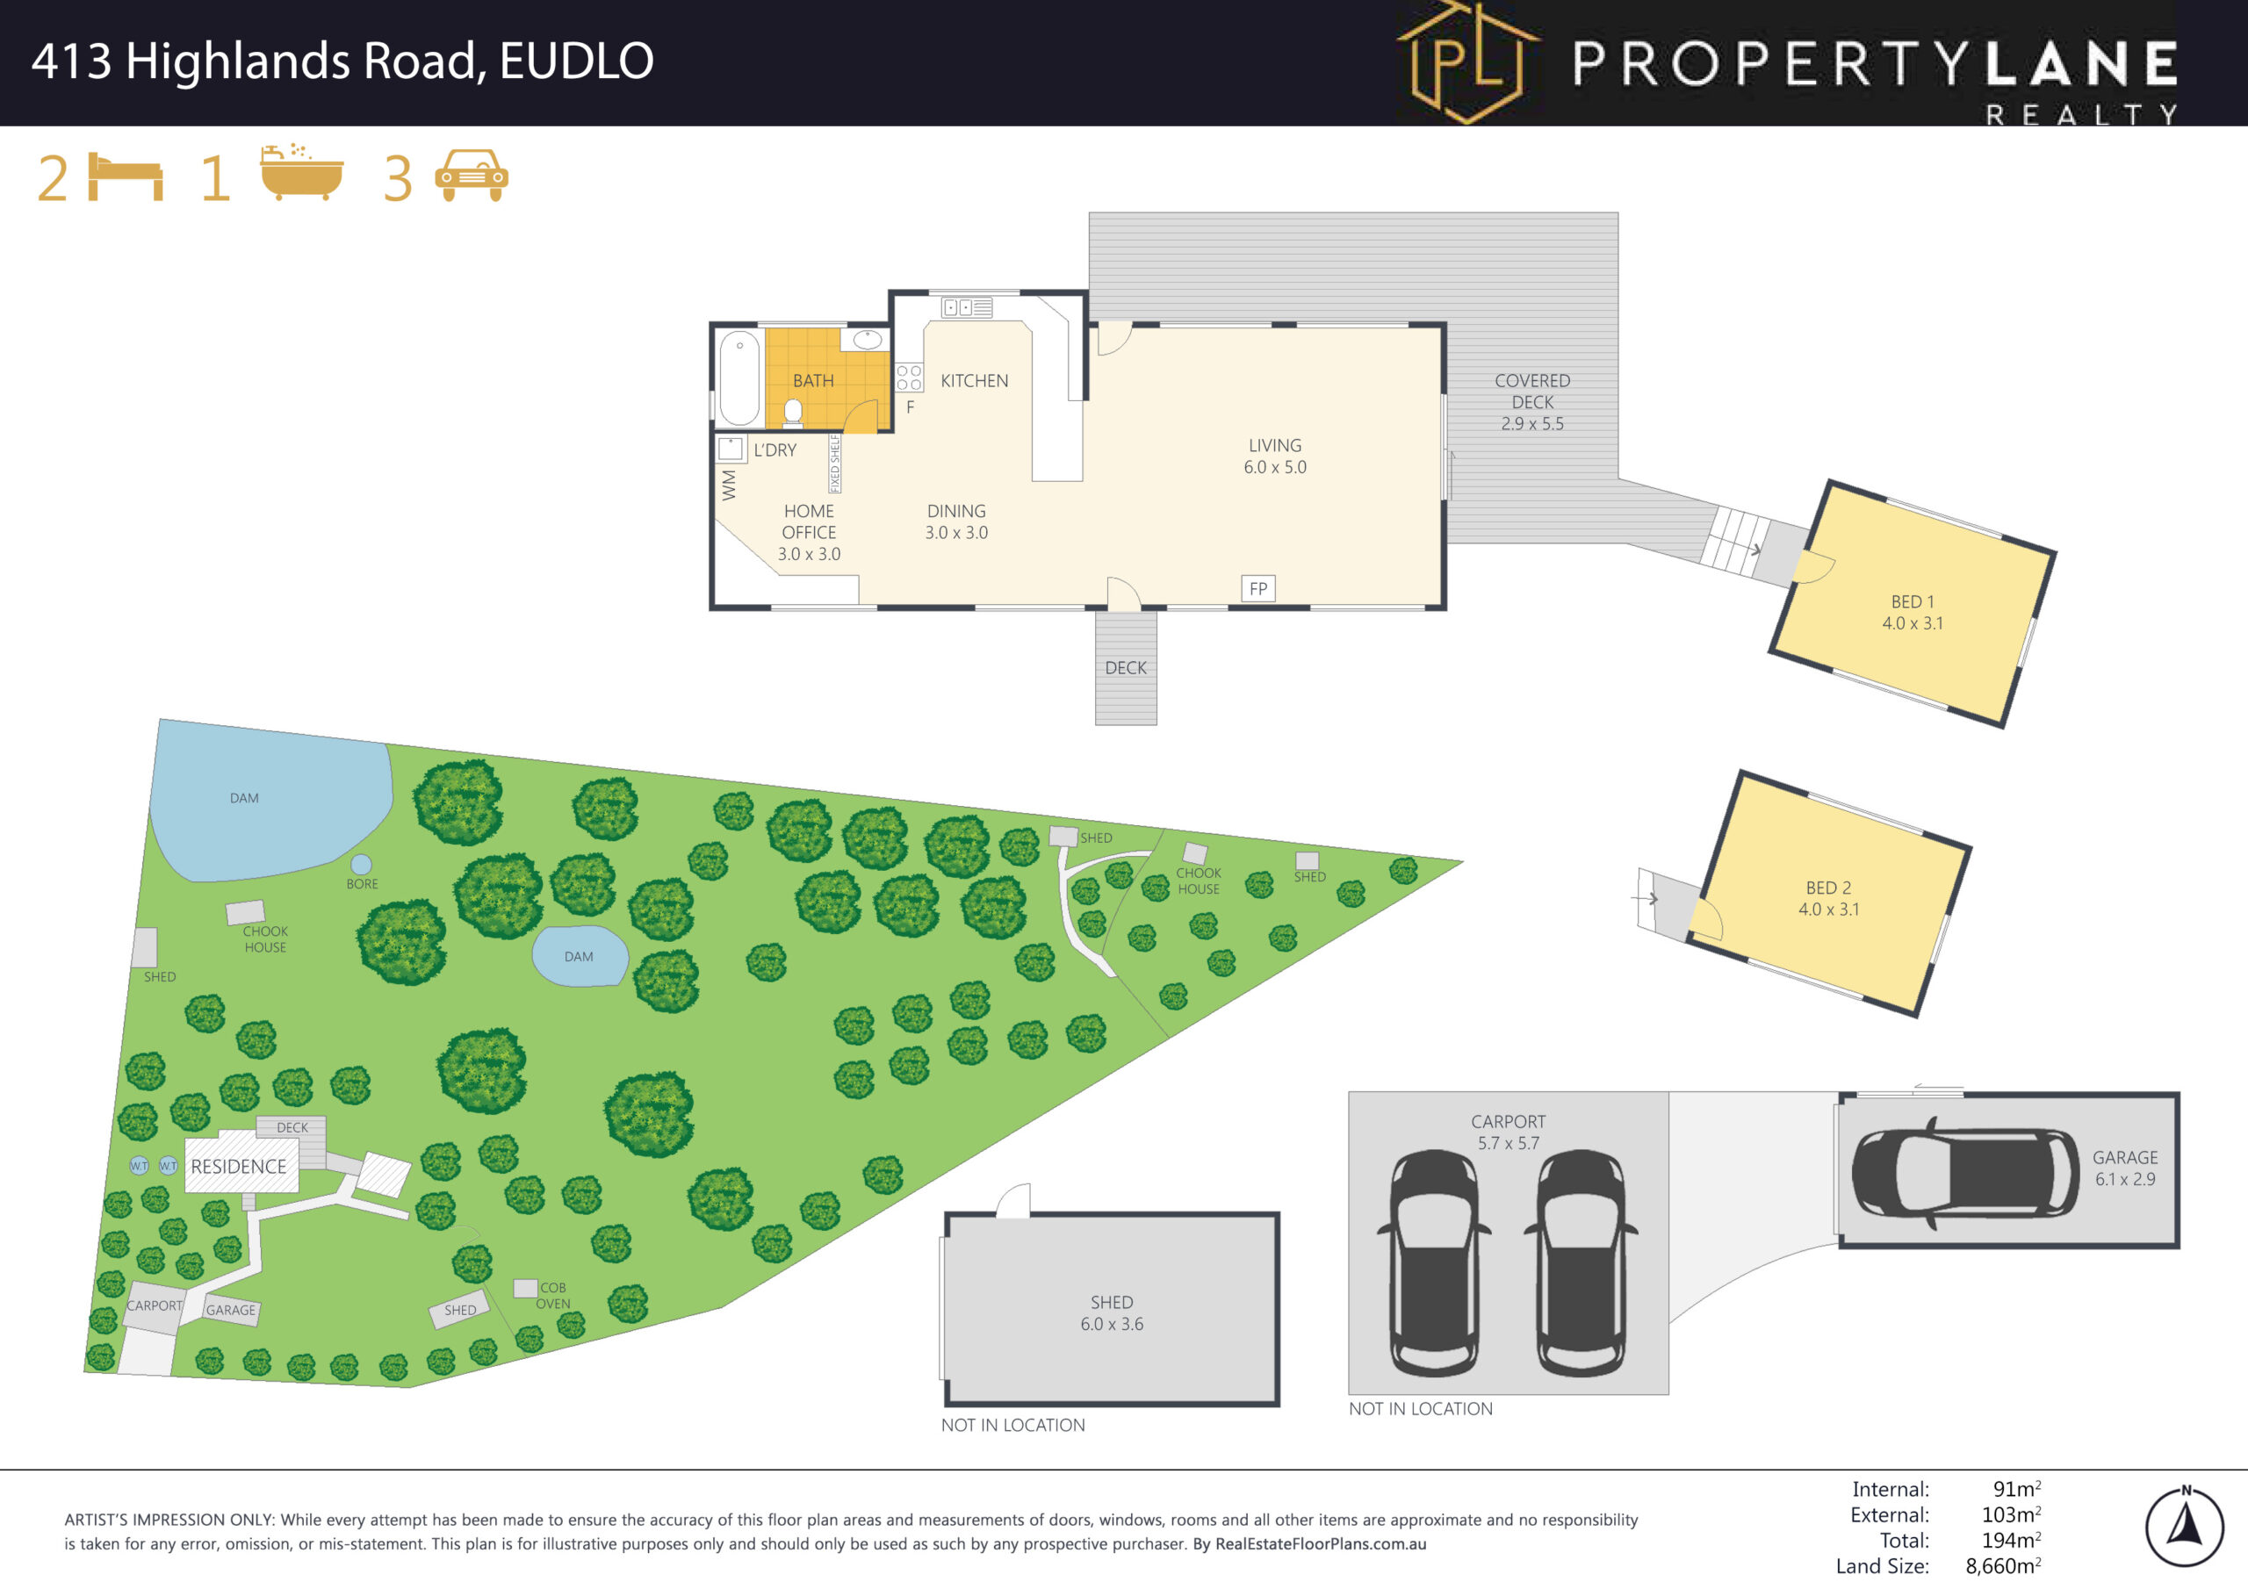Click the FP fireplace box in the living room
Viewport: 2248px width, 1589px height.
click(x=1258, y=588)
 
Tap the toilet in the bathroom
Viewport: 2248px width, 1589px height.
click(x=793, y=413)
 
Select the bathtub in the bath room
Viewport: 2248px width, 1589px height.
click(x=739, y=377)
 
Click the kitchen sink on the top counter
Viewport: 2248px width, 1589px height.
click(x=966, y=307)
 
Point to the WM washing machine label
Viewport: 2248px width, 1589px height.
click(x=729, y=485)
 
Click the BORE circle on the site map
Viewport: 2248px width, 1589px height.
click(x=361, y=864)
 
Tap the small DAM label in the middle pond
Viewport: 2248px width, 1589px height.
click(x=579, y=957)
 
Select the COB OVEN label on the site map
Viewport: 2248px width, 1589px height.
click(x=553, y=1295)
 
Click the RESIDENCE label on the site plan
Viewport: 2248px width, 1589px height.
click(x=239, y=1166)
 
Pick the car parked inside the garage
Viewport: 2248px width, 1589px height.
click(x=1964, y=1172)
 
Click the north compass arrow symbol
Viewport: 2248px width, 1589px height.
click(x=2186, y=1527)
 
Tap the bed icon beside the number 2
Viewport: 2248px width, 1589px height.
click(x=126, y=177)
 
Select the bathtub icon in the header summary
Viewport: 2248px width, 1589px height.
click(x=301, y=173)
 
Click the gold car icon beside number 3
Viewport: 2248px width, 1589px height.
click(x=472, y=176)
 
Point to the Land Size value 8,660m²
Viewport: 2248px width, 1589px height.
click(x=2003, y=1565)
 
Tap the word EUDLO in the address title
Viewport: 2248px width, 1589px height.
click(x=577, y=61)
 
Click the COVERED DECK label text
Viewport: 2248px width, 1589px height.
click(x=1532, y=392)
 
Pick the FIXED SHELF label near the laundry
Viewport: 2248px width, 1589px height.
click(x=835, y=463)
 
